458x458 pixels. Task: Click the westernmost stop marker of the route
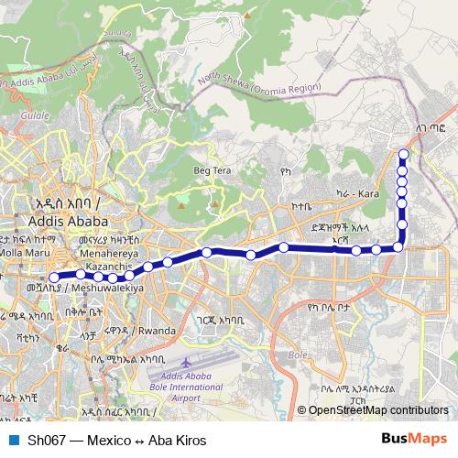tap(54, 277)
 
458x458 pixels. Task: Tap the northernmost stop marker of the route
tap(403, 153)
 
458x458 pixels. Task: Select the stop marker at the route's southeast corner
tap(399, 246)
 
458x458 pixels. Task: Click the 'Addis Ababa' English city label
tap(69, 221)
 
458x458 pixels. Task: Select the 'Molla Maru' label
tap(28, 251)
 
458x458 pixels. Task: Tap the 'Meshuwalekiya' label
tap(111, 288)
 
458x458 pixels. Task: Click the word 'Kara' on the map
tap(368, 194)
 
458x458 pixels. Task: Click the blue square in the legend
tap(13, 439)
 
